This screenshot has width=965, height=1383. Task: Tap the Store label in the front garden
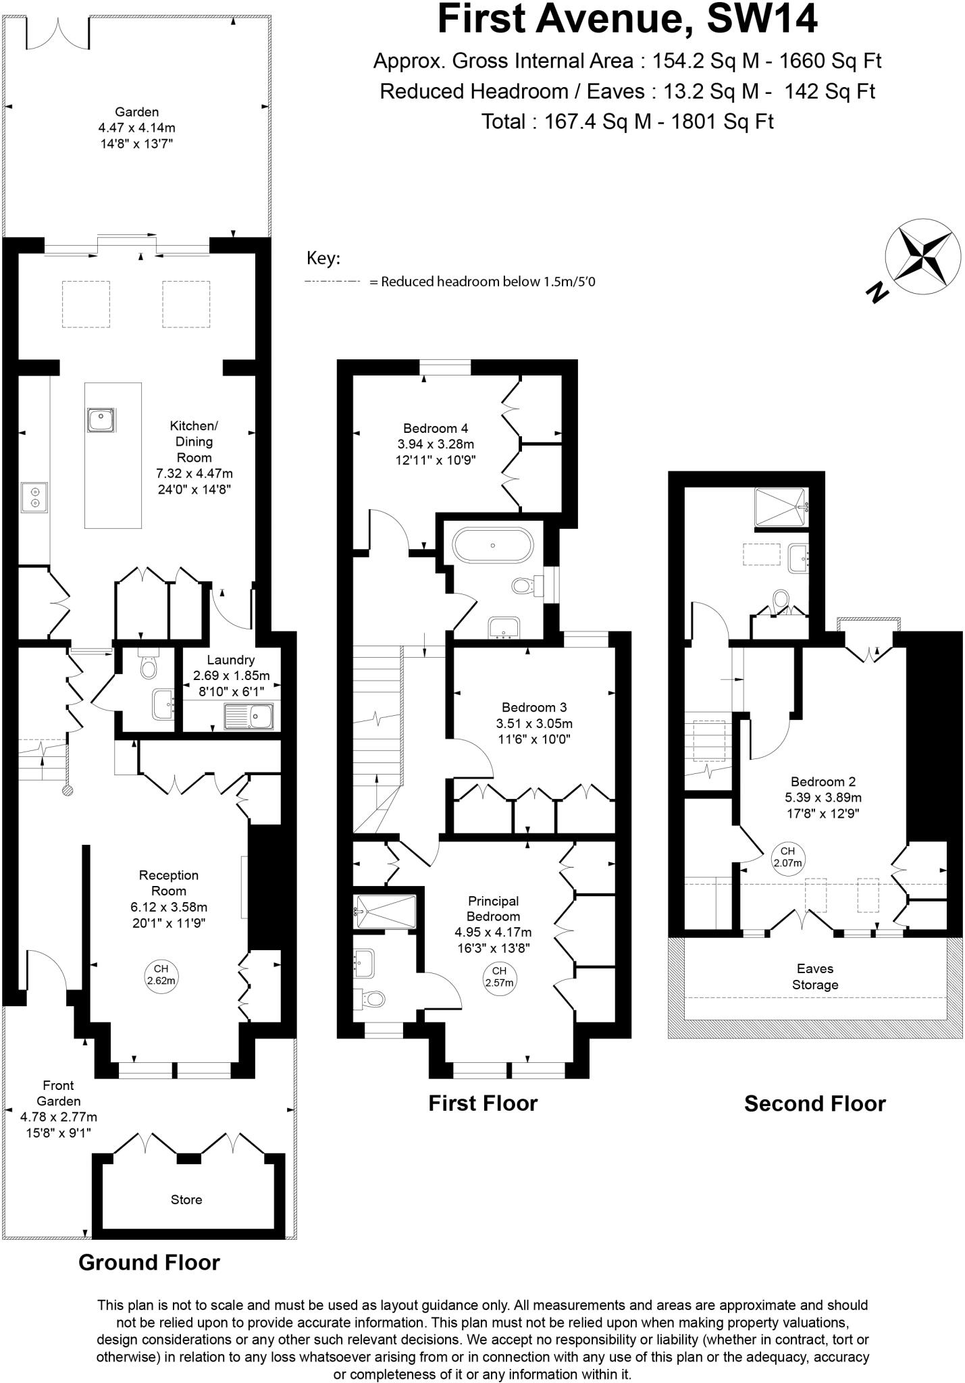click(x=186, y=1199)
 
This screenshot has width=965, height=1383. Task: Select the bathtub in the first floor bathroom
click(x=493, y=545)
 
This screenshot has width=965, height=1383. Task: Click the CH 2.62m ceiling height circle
click(x=161, y=975)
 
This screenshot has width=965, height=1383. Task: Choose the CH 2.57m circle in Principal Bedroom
click(x=499, y=977)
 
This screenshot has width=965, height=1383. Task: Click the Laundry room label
click(x=230, y=660)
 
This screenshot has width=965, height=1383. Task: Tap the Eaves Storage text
click(x=815, y=976)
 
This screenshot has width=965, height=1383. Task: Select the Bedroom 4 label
click(x=436, y=428)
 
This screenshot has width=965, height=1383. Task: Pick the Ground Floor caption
click(x=149, y=1262)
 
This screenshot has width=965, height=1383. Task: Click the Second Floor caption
click(x=814, y=1103)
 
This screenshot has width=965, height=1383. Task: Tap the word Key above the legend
click(x=323, y=259)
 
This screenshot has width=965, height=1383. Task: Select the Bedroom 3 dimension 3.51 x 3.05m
click(x=534, y=723)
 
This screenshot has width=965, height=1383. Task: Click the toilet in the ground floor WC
click(x=147, y=667)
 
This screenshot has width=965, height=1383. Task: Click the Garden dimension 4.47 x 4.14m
click(x=137, y=128)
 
